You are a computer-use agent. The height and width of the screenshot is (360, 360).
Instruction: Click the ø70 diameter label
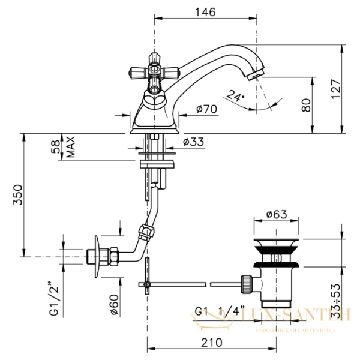(207, 110)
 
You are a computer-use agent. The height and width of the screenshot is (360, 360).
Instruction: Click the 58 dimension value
(55, 147)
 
